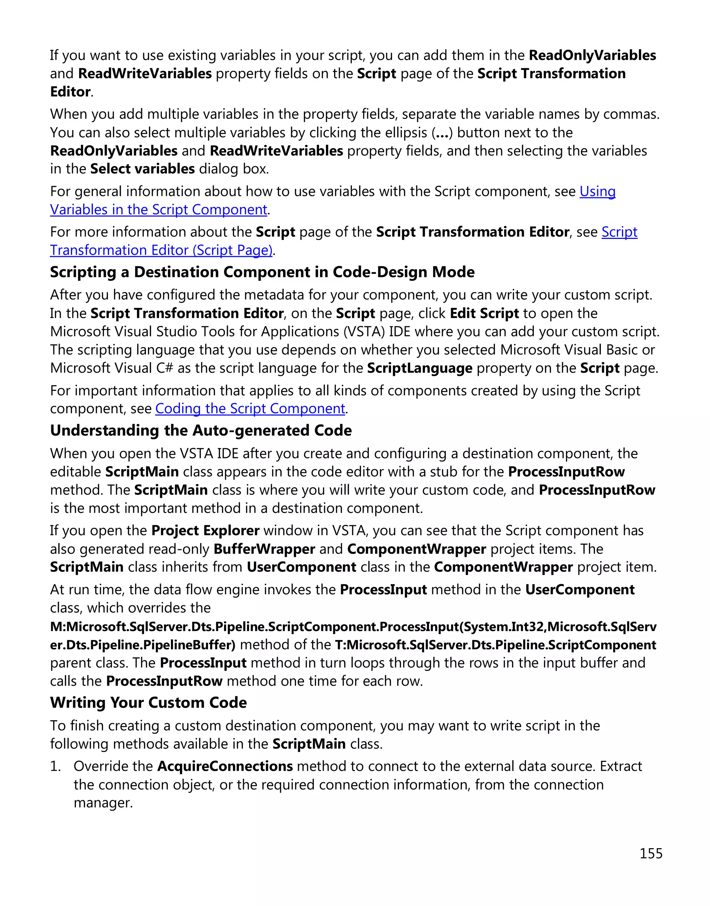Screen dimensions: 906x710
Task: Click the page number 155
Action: (x=651, y=854)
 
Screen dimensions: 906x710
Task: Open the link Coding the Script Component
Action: (x=250, y=409)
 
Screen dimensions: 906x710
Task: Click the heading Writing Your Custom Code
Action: (x=148, y=703)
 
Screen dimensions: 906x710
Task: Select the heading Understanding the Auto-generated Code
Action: (x=201, y=430)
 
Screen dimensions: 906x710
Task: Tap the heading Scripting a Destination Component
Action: (x=262, y=272)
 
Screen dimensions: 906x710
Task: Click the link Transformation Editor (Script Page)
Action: (x=161, y=250)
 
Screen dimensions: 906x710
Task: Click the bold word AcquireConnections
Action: (x=225, y=766)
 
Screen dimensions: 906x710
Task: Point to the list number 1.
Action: (x=55, y=766)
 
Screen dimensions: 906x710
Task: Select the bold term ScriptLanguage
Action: (x=419, y=368)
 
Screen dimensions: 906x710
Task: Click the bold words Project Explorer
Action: (x=205, y=530)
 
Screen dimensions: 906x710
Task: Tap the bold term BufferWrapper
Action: (x=265, y=549)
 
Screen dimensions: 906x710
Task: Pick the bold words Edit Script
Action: (x=484, y=313)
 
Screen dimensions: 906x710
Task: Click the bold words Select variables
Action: (x=142, y=169)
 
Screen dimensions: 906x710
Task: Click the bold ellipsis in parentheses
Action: (x=441, y=133)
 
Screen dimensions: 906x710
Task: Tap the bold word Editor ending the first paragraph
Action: (x=70, y=92)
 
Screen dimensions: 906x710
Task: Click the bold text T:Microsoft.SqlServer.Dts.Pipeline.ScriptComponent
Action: (x=495, y=645)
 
